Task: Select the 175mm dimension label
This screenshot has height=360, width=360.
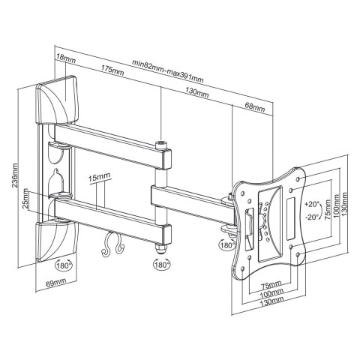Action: [x=113, y=71]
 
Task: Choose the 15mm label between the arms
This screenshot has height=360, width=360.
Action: [x=99, y=178]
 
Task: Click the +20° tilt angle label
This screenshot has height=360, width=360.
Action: [x=313, y=202]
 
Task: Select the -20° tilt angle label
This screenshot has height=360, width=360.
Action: [x=313, y=217]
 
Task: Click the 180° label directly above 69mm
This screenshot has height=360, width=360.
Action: [x=64, y=265]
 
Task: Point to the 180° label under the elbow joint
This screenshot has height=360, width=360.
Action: [x=160, y=265]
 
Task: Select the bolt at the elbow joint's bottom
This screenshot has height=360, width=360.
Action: [x=160, y=247]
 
